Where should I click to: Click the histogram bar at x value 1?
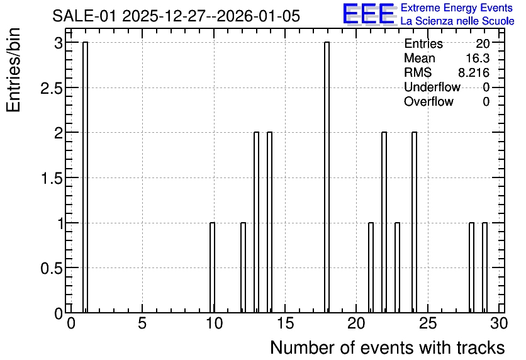point(85,177)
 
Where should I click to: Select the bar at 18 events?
point(327,177)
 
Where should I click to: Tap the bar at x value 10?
point(212,267)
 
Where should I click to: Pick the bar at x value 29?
point(484,267)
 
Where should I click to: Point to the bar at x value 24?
point(414,222)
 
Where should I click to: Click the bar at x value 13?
point(256,222)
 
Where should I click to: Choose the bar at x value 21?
point(371,267)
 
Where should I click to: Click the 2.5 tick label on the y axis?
point(52,88)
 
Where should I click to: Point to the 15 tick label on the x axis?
point(285,324)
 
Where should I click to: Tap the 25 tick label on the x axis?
point(428,324)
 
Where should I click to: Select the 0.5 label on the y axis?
point(52,268)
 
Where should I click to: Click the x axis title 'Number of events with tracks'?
point(388,347)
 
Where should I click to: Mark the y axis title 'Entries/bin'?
point(13,70)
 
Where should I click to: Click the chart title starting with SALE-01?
point(176,16)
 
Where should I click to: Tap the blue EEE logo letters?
point(369,14)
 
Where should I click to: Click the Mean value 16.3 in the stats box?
point(478,58)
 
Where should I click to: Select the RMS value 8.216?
point(474,72)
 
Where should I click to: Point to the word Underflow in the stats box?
point(432,87)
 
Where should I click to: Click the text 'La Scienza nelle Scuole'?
point(457,21)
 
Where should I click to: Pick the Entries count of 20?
point(483,43)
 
